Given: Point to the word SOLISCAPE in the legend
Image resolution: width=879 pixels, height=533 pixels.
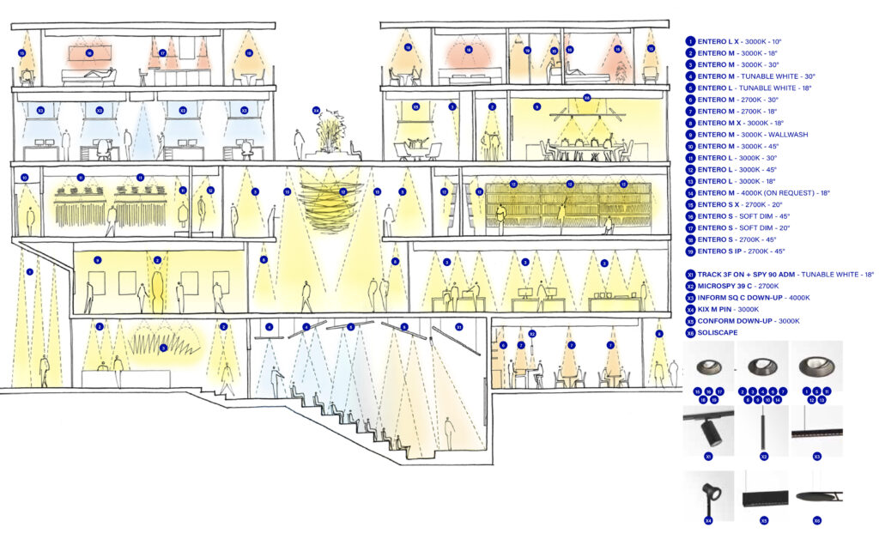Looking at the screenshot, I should pos(718,332).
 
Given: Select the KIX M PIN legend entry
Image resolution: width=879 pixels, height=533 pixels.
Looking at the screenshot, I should pos(726,309).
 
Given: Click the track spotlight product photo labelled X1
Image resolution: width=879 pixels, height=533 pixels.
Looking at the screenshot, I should pos(709,430).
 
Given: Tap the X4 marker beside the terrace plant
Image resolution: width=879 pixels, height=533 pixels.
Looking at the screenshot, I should pos(316,111).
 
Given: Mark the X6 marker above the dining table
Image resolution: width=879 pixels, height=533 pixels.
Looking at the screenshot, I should pos(586,97).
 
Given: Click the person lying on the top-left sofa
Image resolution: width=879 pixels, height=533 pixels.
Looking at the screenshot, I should pos(99,76).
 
